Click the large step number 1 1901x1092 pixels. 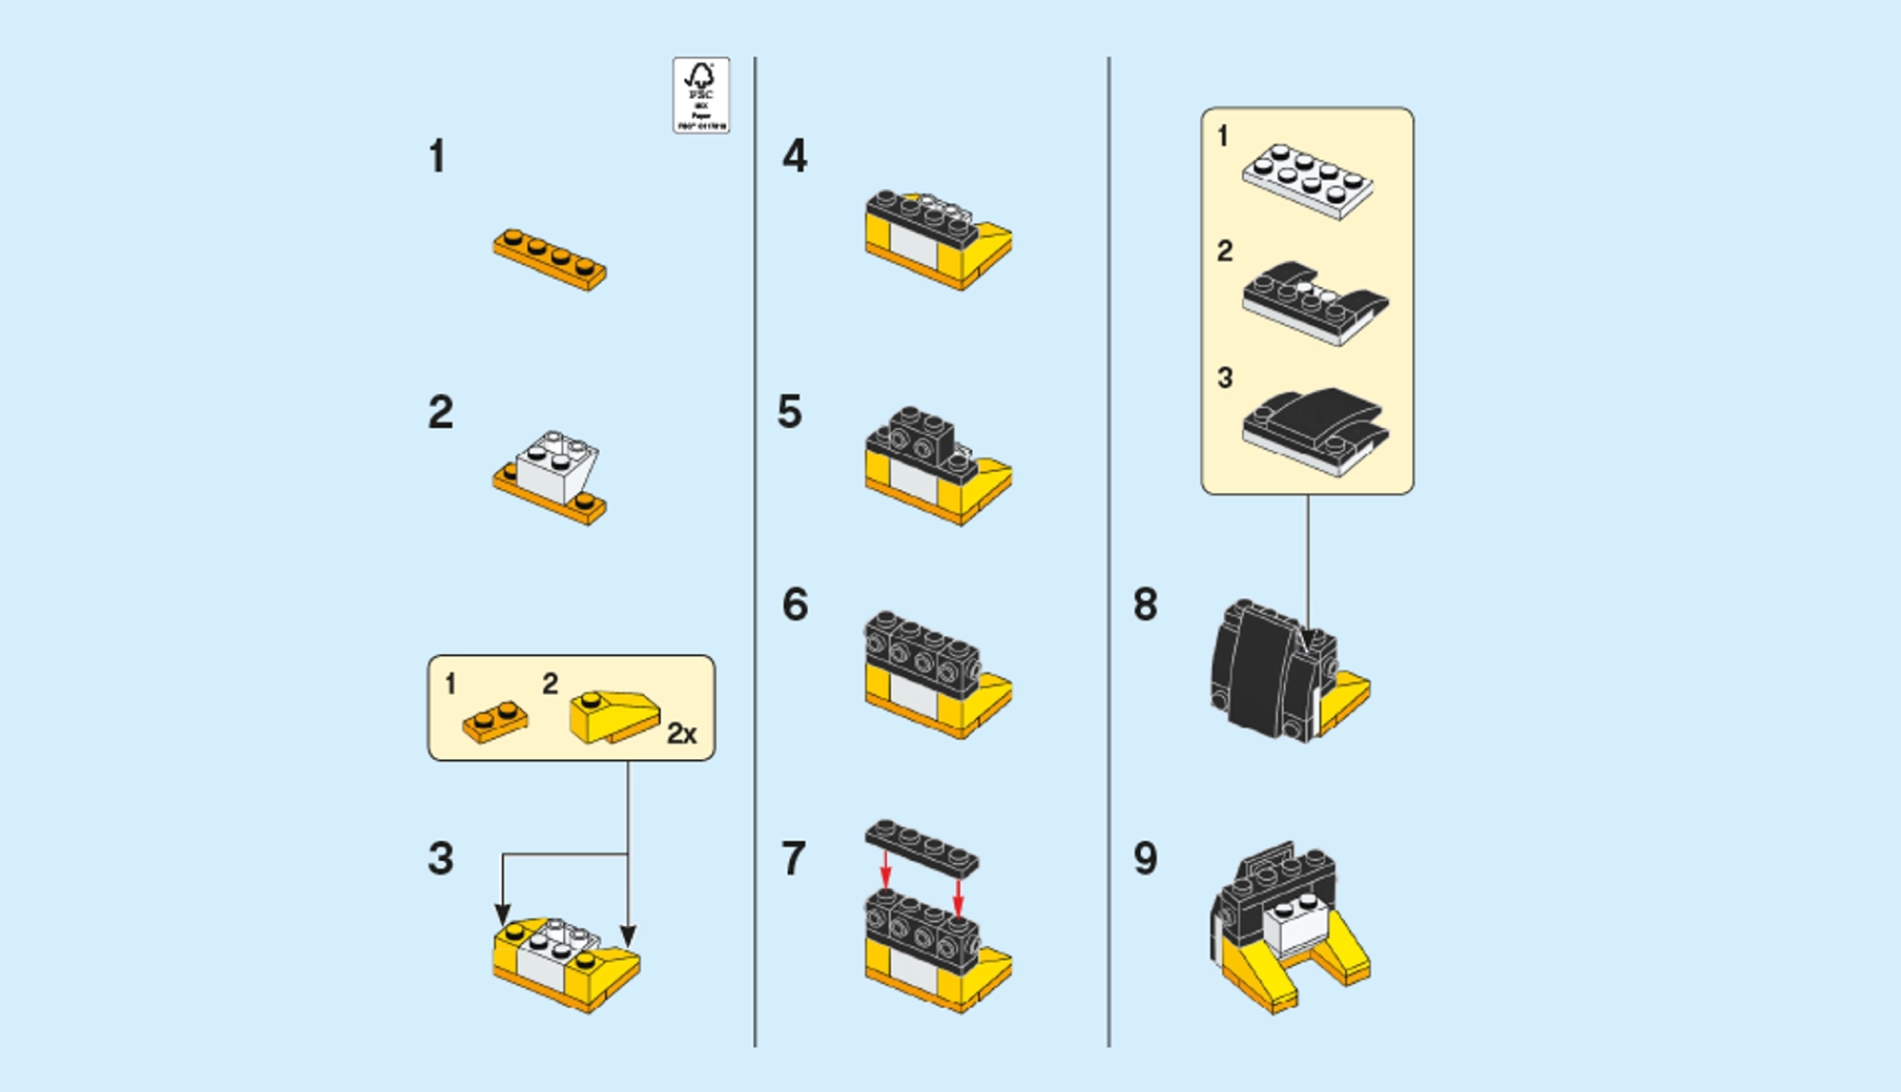coord(437,157)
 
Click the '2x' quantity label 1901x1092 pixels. coord(681,733)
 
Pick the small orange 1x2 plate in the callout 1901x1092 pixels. coord(495,722)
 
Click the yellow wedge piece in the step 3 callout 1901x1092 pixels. coord(614,716)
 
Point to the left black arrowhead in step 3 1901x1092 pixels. coord(502,914)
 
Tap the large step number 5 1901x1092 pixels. coord(789,412)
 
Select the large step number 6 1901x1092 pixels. coord(795,605)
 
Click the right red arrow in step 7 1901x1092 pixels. coord(958,897)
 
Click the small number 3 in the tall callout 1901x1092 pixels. coord(1225,378)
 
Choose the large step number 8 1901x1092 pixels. coord(1145,605)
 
